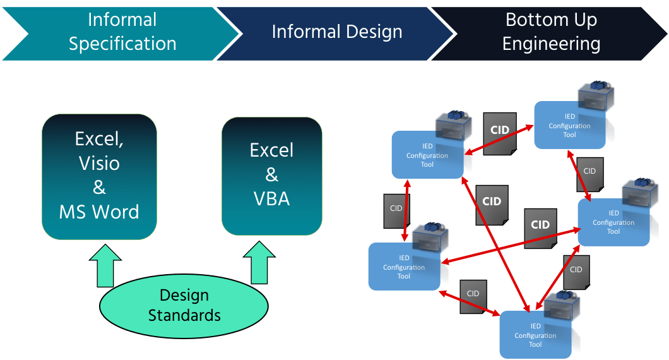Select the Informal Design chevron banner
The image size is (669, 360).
[x=336, y=32]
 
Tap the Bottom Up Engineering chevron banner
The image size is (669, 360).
[x=550, y=32]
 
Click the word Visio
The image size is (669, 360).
[x=99, y=163]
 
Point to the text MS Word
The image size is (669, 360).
[x=99, y=212]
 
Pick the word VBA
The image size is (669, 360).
[x=272, y=198]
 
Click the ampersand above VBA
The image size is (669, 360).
[x=272, y=174]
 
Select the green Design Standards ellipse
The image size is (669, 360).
[x=184, y=305]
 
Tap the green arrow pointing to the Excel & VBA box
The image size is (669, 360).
[x=260, y=262]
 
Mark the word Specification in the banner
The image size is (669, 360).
[x=122, y=44]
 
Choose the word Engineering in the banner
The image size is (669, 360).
[x=551, y=44]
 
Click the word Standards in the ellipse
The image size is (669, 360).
[x=184, y=315]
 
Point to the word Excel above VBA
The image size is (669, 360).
[x=272, y=150]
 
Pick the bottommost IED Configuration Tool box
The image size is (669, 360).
[x=535, y=335]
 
